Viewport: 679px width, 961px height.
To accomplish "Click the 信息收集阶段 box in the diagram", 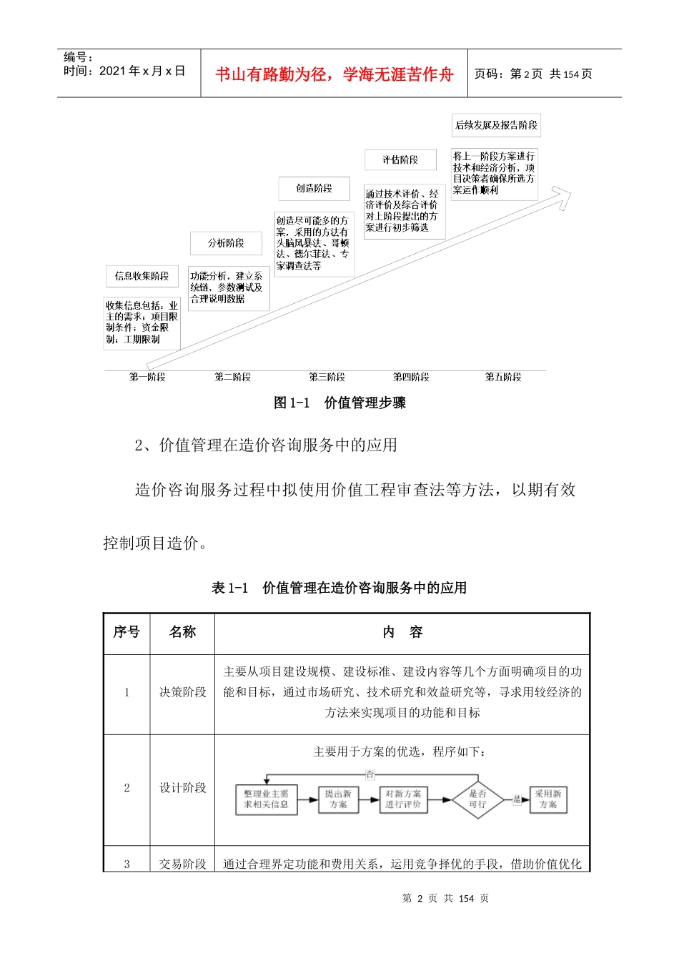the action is click(142, 276).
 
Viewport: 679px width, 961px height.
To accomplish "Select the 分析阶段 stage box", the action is click(226, 243).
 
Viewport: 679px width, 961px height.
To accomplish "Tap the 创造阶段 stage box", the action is click(314, 188).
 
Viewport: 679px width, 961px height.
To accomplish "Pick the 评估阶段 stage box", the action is click(400, 159).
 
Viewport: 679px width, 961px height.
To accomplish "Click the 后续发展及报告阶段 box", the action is click(496, 125).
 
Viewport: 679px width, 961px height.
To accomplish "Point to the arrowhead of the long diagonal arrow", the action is click(563, 195).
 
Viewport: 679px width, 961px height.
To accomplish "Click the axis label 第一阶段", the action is click(147, 377).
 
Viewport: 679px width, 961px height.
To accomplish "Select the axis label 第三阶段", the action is click(327, 377).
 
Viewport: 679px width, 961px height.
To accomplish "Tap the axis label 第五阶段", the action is click(503, 377).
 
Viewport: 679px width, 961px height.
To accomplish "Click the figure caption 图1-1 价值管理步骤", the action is click(339, 403).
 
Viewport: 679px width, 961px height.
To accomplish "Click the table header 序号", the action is click(127, 632).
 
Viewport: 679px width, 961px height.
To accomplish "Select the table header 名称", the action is click(182, 632).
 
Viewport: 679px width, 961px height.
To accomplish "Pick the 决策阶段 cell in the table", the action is click(182, 692).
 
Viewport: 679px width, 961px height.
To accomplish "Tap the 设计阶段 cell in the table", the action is click(182, 788).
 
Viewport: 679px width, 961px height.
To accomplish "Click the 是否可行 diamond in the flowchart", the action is click(477, 799).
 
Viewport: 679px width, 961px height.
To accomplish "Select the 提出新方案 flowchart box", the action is click(338, 799).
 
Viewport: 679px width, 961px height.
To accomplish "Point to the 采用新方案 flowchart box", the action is click(548, 799).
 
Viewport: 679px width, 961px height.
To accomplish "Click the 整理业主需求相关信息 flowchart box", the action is click(266, 799).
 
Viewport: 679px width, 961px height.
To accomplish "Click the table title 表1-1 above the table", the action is click(339, 588).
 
